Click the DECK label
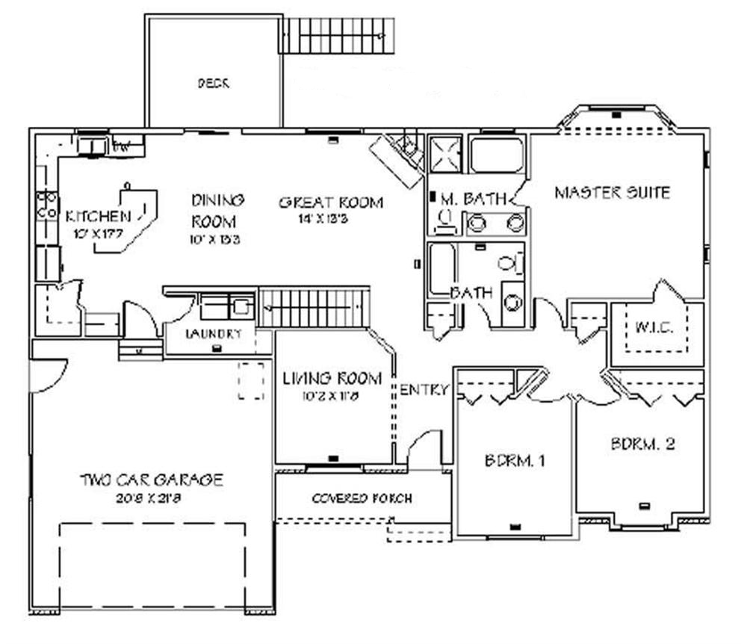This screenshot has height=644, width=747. click(213, 84)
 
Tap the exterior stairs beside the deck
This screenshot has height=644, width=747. click(335, 35)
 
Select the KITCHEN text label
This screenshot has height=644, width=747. click(98, 217)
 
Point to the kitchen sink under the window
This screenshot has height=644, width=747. click(92, 145)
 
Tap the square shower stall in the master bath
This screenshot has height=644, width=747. click(445, 153)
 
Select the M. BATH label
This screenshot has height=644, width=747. click(474, 199)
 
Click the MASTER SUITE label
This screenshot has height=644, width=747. click(612, 193)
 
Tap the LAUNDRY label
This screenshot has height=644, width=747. click(214, 333)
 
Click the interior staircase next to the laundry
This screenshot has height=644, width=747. click(314, 308)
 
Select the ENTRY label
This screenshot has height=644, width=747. click(424, 389)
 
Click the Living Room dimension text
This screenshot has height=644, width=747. click(332, 397)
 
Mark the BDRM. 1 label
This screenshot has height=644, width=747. click(513, 461)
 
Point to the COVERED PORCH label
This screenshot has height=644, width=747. click(362, 498)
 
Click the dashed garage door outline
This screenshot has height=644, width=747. click(152, 565)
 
